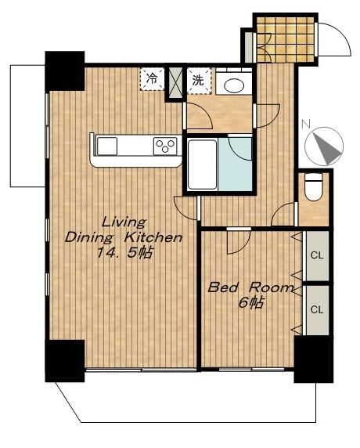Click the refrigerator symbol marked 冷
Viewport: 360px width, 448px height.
point(152,79)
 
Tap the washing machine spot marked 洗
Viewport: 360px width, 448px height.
point(199,81)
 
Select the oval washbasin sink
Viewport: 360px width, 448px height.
point(234,85)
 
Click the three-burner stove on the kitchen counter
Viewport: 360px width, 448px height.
point(164,146)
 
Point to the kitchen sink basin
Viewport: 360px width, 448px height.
point(107,146)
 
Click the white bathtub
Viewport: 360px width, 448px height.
point(202,164)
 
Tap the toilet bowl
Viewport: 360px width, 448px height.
point(314,187)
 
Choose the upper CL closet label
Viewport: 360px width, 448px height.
point(317,255)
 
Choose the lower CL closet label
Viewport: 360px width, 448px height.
point(317,309)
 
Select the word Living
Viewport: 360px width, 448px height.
point(124,222)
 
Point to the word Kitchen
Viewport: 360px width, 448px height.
point(153,237)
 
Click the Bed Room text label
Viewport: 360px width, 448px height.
point(250,287)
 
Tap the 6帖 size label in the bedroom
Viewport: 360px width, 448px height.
point(250,303)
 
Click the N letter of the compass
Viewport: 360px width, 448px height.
point(306,124)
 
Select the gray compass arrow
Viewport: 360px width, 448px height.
point(327,148)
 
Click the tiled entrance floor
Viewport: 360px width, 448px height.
point(286,39)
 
